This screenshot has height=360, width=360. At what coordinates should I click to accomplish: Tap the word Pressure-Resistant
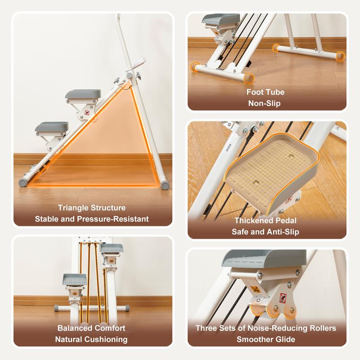113,219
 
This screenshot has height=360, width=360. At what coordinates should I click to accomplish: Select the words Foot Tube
265,92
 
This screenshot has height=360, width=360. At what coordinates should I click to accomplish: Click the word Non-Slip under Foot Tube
265,103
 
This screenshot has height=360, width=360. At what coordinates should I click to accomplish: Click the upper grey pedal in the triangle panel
83,94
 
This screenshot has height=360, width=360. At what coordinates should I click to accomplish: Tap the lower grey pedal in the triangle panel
52,127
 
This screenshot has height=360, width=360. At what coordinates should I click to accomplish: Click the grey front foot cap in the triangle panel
23,182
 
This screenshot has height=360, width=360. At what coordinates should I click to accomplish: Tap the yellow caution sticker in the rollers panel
255,289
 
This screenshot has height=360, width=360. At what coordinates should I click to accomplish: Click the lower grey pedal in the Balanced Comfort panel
75,279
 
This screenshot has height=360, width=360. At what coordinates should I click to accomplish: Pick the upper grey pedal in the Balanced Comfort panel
112,248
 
